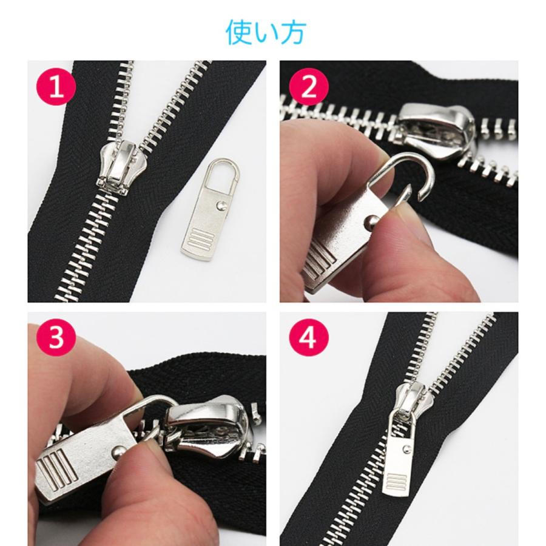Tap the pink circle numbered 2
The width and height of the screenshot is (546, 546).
pyautogui.click(x=308, y=87)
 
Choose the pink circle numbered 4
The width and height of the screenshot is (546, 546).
pyautogui.click(x=308, y=339)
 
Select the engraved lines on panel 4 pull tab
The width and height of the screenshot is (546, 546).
pyautogui.click(x=398, y=483)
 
